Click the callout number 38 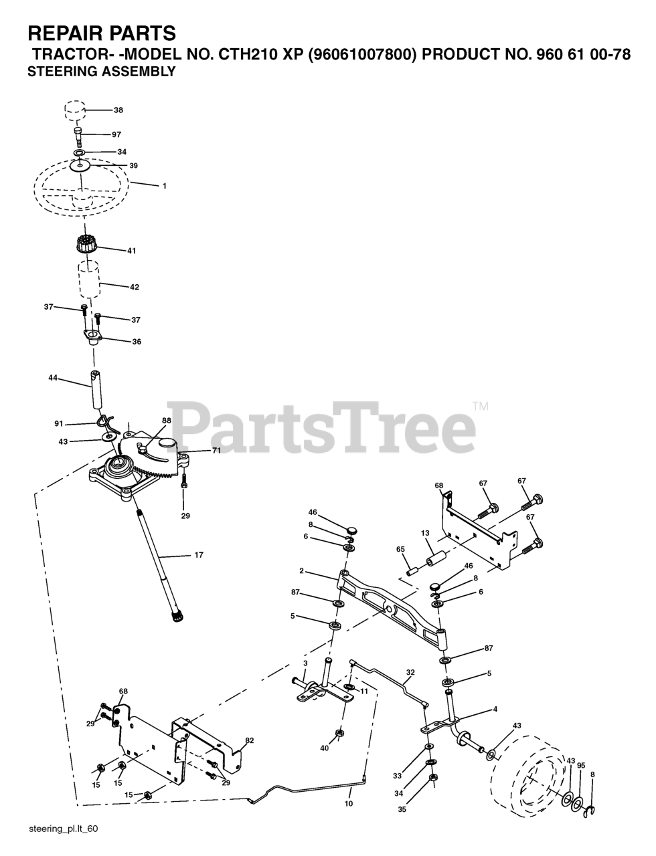118,110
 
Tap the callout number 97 116,134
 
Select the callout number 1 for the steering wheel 164,186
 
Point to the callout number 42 135,287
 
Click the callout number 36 137,342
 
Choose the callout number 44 53,379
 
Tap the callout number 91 59,423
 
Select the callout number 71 217,451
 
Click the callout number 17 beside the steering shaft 199,554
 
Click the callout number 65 400,548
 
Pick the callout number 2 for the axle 302,571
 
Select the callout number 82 250,740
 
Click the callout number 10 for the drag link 348,803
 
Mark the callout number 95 581,765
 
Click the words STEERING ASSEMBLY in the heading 101,72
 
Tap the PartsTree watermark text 321,422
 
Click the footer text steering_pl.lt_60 64,829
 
